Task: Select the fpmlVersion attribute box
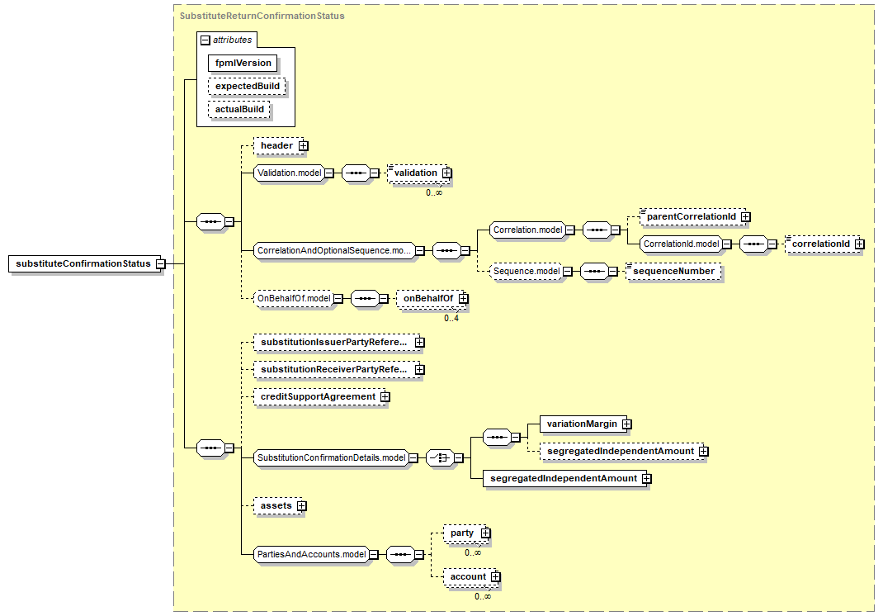243,63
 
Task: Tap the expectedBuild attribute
248,86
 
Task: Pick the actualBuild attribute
239,109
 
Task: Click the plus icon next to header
304,146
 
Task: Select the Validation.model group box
290,173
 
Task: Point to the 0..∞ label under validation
433,192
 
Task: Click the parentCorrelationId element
691,216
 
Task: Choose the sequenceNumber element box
673,271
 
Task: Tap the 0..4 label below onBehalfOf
451,319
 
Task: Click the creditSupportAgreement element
318,396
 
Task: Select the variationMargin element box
582,424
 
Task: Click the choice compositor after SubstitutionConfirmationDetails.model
440,458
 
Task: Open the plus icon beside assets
302,506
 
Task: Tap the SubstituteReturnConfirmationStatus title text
262,16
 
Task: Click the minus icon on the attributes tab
205,40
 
